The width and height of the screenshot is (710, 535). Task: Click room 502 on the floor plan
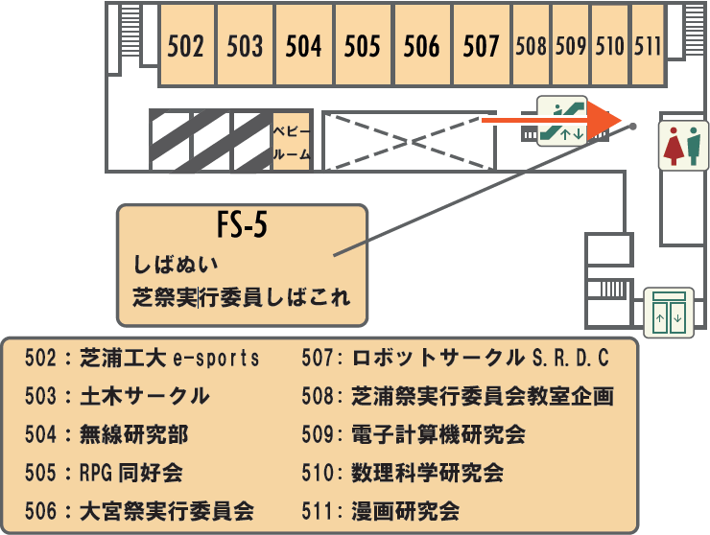coord(186,45)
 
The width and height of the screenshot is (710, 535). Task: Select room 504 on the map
coord(303,45)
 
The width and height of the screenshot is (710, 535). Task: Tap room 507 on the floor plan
coord(481,45)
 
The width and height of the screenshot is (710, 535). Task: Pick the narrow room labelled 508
coord(531,45)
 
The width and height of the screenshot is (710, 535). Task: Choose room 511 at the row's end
coord(649,45)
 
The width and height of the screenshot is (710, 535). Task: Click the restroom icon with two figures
coord(682,144)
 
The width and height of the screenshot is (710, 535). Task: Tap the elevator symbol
coord(669,313)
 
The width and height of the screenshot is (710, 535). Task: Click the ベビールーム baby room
coord(291,141)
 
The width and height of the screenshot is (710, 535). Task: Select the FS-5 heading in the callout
coord(241,227)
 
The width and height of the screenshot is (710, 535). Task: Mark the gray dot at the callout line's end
coord(633,125)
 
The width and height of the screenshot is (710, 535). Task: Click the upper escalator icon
coord(561,107)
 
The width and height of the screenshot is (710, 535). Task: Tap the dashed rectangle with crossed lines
coord(408,142)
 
